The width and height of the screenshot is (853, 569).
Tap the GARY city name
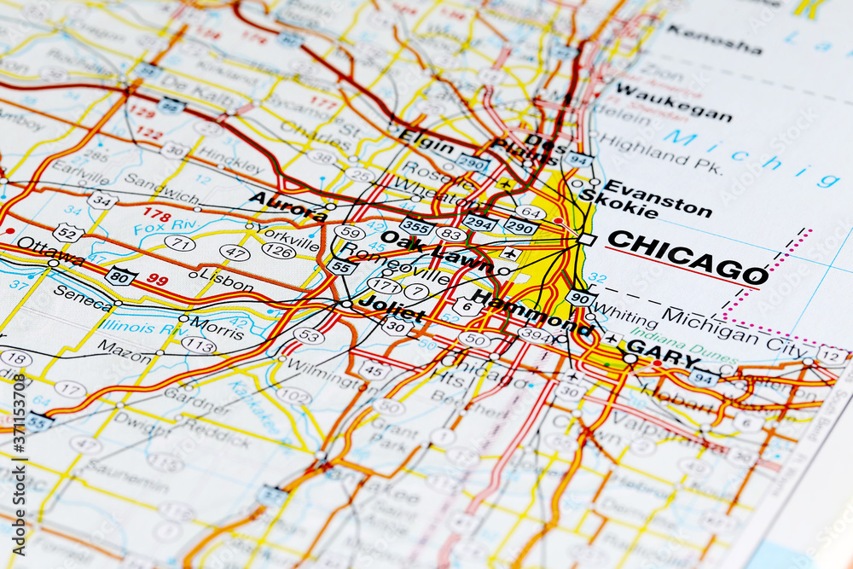point(663,353)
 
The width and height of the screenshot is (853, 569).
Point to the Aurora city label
point(287,206)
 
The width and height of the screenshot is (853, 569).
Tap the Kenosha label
point(714,39)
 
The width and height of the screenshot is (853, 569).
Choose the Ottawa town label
point(50,250)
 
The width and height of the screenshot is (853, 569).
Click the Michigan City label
point(734,332)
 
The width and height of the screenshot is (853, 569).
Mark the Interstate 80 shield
point(121,276)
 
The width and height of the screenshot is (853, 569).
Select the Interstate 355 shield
point(415,226)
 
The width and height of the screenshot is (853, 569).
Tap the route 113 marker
point(198,345)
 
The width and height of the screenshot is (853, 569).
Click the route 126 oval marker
point(278,251)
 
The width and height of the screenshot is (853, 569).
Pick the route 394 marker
point(534,334)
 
